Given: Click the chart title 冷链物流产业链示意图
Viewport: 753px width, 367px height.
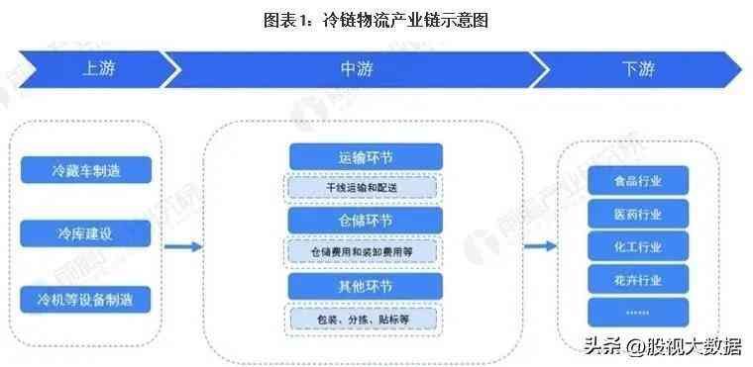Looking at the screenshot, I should (x=376, y=20).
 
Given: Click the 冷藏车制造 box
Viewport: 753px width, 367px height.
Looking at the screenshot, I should (x=86, y=170).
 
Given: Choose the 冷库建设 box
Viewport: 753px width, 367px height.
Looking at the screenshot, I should (x=86, y=233).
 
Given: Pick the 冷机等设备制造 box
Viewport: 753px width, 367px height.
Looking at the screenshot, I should (x=86, y=297).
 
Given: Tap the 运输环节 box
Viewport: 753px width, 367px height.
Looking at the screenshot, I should (x=363, y=157).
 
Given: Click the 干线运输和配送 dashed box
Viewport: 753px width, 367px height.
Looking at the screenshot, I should (x=363, y=187).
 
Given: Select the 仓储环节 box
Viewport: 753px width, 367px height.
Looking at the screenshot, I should (x=363, y=220).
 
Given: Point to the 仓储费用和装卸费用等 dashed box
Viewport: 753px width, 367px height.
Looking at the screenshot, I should (x=363, y=251).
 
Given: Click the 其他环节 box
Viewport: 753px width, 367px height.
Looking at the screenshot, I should (x=363, y=286).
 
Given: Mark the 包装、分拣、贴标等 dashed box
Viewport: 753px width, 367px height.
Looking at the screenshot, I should (x=363, y=319).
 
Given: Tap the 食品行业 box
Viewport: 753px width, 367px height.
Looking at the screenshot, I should (x=637, y=181).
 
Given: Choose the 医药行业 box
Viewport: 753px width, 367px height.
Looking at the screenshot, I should (x=637, y=214).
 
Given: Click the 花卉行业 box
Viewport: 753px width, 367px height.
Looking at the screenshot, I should (x=637, y=279).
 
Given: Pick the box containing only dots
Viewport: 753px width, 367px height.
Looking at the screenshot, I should (x=637, y=312).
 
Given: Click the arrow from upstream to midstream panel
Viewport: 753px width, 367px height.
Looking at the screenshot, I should (x=183, y=246).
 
